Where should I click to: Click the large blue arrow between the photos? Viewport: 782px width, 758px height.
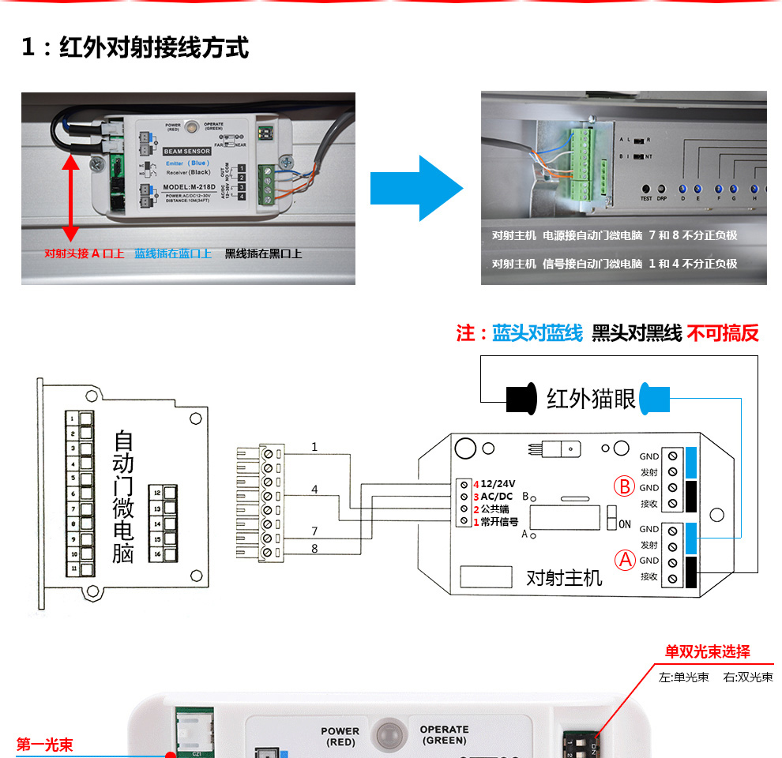click(417, 189)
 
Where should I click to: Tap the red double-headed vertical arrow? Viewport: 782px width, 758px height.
click(70, 198)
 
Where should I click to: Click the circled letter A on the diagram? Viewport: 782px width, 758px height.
click(626, 560)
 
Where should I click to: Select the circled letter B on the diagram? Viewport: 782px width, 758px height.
click(626, 486)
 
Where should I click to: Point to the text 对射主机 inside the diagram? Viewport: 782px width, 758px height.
click(564, 577)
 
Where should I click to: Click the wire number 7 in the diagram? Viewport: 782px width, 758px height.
click(314, 531)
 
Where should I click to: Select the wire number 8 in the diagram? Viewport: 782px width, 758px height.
click(314, 547)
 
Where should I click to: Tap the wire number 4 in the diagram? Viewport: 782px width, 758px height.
click(314, 490)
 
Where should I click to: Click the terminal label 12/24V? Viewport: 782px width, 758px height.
click(498, 484)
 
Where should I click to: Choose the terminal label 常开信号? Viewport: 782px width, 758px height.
click(499, 522)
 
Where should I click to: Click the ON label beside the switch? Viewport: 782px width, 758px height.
click(624, 523)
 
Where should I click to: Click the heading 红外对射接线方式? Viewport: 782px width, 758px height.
click(154, 47)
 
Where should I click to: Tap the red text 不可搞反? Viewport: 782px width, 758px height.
click(722, 333)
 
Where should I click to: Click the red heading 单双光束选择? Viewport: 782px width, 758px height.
click(707, 652)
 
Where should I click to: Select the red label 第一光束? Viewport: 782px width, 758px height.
click(44, 744)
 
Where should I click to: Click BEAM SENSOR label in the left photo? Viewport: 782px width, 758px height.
click(186, 150)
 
